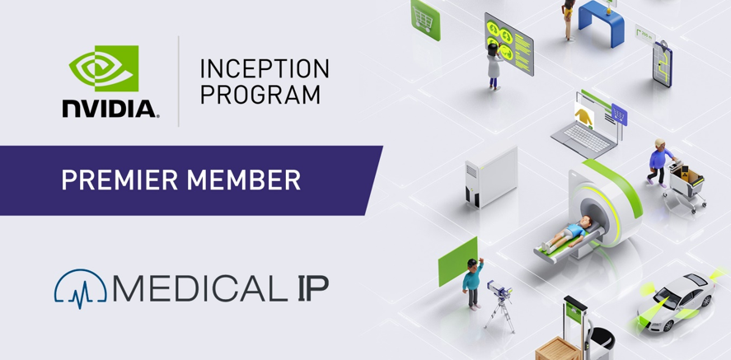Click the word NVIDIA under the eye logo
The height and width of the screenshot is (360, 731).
click(110, 109)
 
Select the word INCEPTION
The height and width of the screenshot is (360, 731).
click(265, 68)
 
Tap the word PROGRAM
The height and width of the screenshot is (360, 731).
click(260, 95)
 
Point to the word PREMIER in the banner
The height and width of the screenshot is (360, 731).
click(120, 180)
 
